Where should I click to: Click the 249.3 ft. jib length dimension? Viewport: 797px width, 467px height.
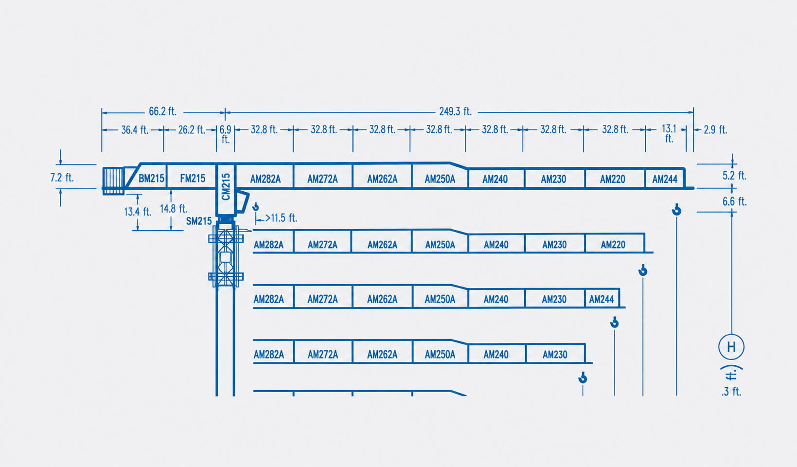coord(455,111)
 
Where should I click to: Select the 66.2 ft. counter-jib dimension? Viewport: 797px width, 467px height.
coord(162,111)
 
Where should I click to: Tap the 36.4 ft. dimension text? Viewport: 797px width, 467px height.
coord(135,130)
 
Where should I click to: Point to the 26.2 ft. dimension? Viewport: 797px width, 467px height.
coord(192,130)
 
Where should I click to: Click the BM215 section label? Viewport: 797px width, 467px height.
coord(152,178)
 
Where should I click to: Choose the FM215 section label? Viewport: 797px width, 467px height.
coord(193,178)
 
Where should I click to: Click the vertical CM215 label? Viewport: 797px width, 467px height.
coord(226,187)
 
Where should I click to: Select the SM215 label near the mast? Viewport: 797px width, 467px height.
coord(199,221)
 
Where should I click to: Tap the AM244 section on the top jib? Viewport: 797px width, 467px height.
coord(665,179)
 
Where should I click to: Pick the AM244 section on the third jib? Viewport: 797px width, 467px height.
coord(602,299)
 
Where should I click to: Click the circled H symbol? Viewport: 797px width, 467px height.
coord(731,347)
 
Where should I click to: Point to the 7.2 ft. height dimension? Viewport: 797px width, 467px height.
coord(62,177)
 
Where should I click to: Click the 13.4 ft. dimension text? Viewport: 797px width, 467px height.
coord(138,212)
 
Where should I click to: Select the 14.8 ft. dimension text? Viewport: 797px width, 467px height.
coord(174,208)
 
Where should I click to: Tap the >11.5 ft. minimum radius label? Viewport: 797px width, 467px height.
coord(281,217)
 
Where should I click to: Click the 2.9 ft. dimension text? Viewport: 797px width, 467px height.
coord(715,129)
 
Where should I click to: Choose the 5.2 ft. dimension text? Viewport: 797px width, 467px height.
coord(734,176)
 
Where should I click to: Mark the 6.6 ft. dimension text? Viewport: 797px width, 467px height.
coord(734,201)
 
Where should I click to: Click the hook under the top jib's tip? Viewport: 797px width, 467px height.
coord(676,210)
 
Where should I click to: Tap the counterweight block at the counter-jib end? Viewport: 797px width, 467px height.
coord(113,181)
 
